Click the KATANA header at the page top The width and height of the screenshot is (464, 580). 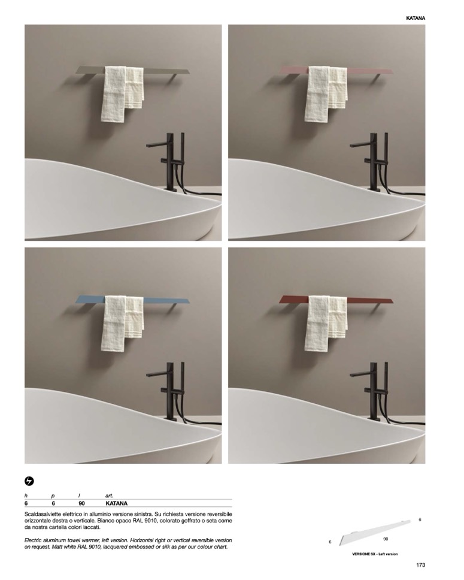(416, 18)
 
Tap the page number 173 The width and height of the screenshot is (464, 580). (420, 565)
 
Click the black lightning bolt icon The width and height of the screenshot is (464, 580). (29, 481)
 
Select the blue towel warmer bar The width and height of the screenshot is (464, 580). (135, 300)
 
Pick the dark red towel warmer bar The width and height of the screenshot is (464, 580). (338, 300)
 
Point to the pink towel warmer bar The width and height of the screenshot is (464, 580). (338, 70)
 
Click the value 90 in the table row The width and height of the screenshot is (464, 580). (81, 503)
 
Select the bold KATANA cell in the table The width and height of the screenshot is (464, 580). (117, 503)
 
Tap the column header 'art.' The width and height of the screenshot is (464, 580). (110, 496)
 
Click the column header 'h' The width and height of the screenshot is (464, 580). (26, 496)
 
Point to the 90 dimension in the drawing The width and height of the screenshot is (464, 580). (386, 539)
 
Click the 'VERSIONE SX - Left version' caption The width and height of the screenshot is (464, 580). (375, 554)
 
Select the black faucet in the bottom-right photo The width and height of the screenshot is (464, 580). (374, 392)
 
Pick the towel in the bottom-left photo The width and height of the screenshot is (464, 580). (122, 322)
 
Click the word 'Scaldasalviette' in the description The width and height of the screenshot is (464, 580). (41, 514)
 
